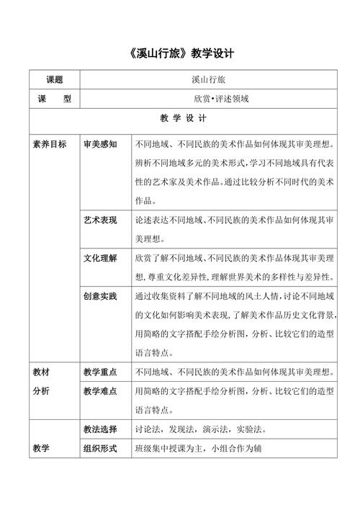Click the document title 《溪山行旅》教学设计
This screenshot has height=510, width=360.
coord(179,54)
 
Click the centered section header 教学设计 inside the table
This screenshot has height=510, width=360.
coord(179,118)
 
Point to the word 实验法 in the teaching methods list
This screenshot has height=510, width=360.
coord(251,430)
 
